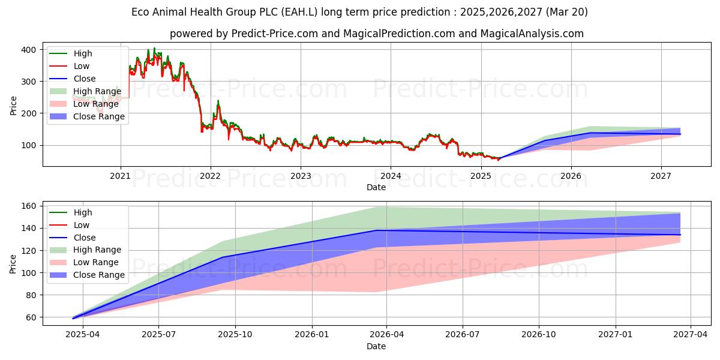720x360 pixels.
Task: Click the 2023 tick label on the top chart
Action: (301, 176)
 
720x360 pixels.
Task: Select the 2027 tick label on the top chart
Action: (661, 176)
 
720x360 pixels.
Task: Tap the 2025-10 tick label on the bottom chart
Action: (235, 334)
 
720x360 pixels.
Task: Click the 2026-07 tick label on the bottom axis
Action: (463, 334)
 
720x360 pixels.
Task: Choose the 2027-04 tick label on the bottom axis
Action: (691, 334)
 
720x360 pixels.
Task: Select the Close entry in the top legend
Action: (84, 79)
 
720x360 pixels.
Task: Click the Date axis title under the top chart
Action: (376, 188)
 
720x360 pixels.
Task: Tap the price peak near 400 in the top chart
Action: (154, 48)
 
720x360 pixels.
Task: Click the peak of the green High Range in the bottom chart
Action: (377, 207)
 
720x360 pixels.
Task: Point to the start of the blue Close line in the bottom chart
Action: (73, 318)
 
